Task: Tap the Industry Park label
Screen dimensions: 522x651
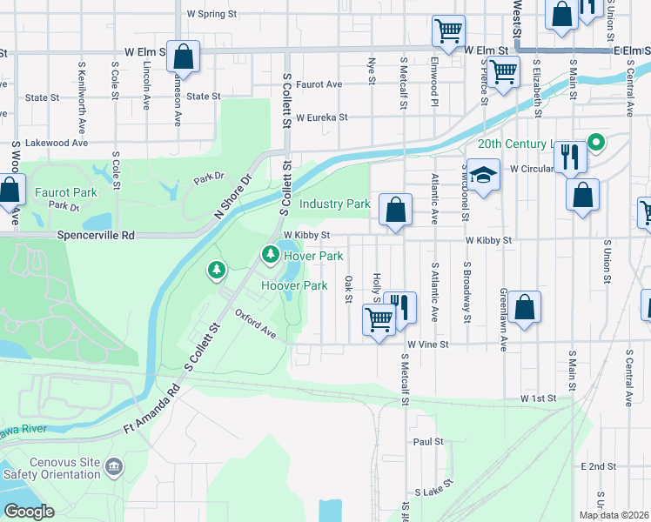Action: point(335,204)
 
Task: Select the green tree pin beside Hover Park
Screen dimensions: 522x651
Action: point(271,254)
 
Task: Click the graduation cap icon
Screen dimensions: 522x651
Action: point(483,174)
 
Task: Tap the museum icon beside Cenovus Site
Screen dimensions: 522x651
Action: point(114,468)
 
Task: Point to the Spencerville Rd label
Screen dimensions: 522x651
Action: point(97,235)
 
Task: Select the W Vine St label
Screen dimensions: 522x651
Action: point(426,345)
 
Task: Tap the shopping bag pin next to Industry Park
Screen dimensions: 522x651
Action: point(395,210)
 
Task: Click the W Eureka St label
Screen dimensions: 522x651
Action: point(321,117)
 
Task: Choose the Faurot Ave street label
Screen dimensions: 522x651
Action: point(319,84)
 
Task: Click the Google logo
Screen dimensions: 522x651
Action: point(29,512)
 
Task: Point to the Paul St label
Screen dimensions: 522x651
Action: point(429,442)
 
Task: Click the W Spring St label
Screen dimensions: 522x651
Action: point(211,15)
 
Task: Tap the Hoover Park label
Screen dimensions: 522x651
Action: point(294,285)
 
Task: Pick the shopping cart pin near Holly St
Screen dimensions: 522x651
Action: point(379,321)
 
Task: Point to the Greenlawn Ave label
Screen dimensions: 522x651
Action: point(503,320)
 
